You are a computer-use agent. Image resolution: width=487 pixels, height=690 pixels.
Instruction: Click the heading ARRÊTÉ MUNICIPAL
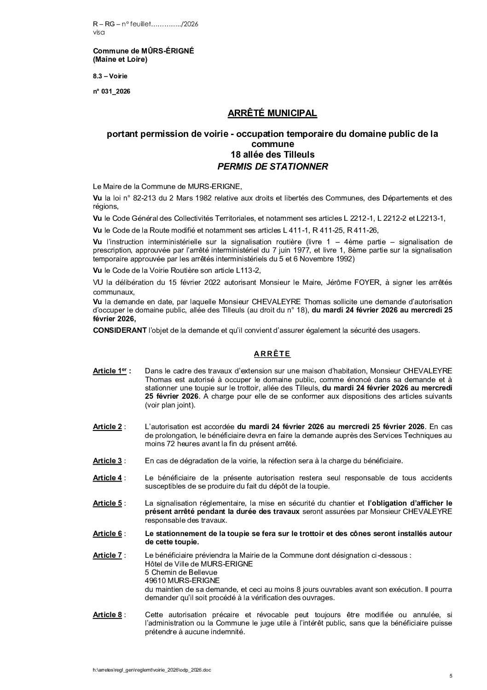(272, 113)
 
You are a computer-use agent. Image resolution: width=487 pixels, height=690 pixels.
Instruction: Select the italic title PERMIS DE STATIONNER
(272, 166)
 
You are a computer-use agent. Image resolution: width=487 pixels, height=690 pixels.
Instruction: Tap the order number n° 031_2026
(111, 91)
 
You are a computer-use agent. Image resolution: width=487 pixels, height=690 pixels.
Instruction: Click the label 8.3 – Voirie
(110, 76)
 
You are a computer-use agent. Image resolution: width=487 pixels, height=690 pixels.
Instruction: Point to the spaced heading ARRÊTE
(272, 354)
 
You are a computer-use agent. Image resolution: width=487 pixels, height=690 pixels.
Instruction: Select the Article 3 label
(107, 460)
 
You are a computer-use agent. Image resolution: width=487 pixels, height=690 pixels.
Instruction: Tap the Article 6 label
(107, 533)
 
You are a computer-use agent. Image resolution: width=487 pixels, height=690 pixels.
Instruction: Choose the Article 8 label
(107, 614)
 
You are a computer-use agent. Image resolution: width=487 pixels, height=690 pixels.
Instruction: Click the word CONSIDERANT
(115, 330)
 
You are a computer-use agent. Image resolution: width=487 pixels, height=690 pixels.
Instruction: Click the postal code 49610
(154, 580)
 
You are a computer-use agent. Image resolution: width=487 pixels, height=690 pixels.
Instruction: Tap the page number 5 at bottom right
(451, 676)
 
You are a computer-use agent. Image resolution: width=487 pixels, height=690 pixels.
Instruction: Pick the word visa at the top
(99, 32)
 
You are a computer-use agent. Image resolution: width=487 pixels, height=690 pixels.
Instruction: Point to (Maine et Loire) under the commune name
(120, 59)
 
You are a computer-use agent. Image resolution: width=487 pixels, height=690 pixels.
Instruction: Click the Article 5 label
(107, 503)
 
